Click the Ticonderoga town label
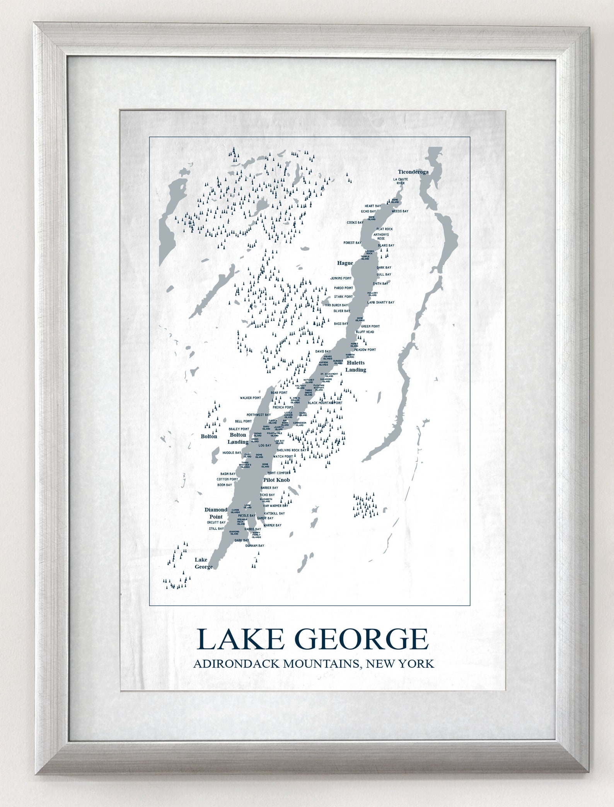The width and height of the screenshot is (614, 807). click(x=413, y=172)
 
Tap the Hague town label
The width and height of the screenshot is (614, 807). click(x=345, y=263)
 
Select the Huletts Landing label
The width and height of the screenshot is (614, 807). click(x=355, y=366)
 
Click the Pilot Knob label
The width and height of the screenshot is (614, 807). click(x=276, y=480)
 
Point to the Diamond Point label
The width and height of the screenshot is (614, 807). click(x=216, y=513)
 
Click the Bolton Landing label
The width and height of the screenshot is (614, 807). click(x=238, y=438)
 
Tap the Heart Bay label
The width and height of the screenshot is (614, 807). click(x=373, y=206)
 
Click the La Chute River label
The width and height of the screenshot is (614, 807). click(x=400, y=181)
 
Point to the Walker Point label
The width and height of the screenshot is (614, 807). click(x=250, y=398)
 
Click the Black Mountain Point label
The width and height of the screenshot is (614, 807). click(x=325, y=403)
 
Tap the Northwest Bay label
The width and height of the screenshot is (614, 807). click(x=259, y=415)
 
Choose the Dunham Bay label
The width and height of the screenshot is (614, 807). click(x=255, y=546)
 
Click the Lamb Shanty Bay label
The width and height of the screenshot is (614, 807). click(x=380, y=302)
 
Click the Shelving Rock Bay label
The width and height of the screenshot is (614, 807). click(x=291, y=450)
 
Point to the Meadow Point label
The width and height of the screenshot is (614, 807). click(x=365, y=350)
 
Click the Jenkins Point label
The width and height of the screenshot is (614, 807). click(x=341, y=278)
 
